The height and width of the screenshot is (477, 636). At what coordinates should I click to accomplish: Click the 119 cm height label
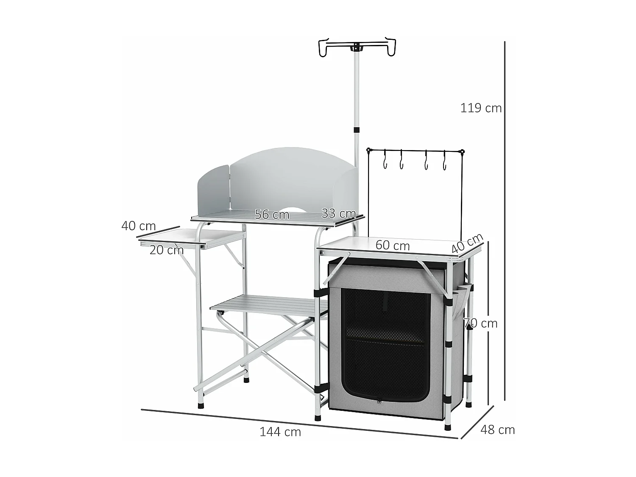click(x=481, y=109)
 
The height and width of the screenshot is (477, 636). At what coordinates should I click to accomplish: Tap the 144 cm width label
click(x=280, y=432)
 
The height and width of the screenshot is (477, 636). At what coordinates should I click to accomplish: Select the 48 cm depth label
click(x=497, y=430)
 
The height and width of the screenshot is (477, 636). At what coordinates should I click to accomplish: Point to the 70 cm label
click(x=480, y=324)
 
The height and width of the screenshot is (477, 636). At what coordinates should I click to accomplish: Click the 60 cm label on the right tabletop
click(x=393, y=245)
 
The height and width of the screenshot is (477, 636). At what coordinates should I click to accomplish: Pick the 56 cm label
click(x=272, y=215)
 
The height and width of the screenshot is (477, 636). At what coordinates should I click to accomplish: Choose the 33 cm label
click(x=338, y=213)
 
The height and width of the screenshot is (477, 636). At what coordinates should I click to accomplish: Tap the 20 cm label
click(x=166, y=250)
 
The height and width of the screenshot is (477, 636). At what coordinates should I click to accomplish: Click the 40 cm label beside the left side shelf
click(x=138, y=226)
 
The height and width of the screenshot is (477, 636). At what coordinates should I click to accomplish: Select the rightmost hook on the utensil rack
click(x=444, y=161)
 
